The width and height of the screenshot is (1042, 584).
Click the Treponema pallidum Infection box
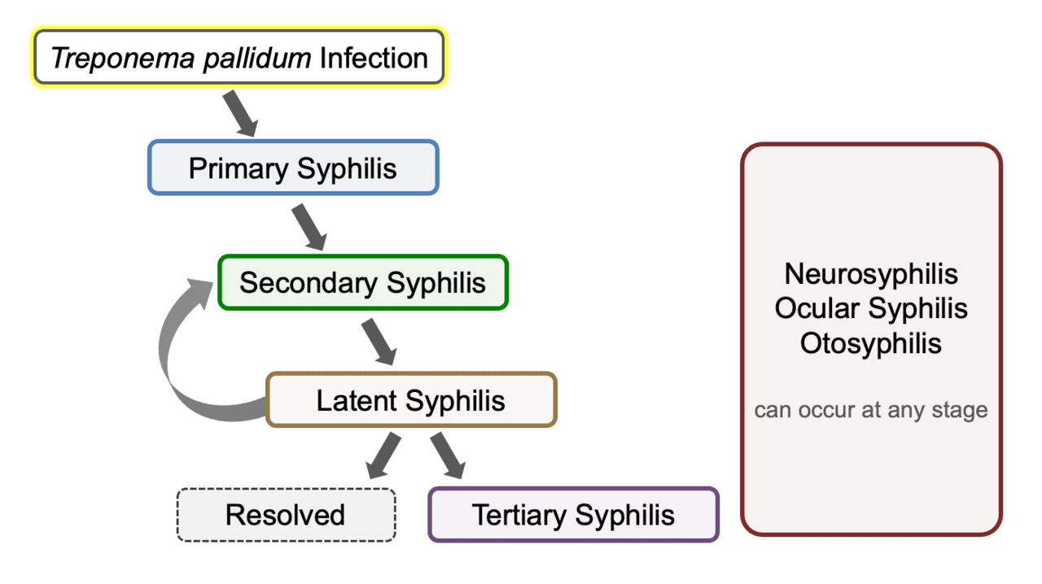click(x=239, y=58)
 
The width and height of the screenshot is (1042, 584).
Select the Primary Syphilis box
click(x=293, y=168)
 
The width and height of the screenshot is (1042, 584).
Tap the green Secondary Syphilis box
click(x=363, y=282)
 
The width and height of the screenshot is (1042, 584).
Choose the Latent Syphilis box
click(x=411, y=399)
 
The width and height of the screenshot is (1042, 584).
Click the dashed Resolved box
click(x=286, y=515)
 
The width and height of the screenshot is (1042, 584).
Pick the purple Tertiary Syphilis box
click(x=573, y=515)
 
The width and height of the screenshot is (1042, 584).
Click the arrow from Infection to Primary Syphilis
click(x=240, y=113)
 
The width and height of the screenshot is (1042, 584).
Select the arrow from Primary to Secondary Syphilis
click(x=309, y=226)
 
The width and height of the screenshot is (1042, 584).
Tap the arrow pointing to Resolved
click(x=383, y=455)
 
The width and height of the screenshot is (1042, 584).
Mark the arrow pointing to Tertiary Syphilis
click(x=449, y=455)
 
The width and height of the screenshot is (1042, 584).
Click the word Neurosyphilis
click(x=871, y=273)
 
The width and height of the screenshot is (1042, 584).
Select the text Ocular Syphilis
click(x=871, y=308)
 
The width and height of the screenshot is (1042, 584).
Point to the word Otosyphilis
click(x=871, y=342)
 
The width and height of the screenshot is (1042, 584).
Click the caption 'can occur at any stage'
click(x=871, y=409)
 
